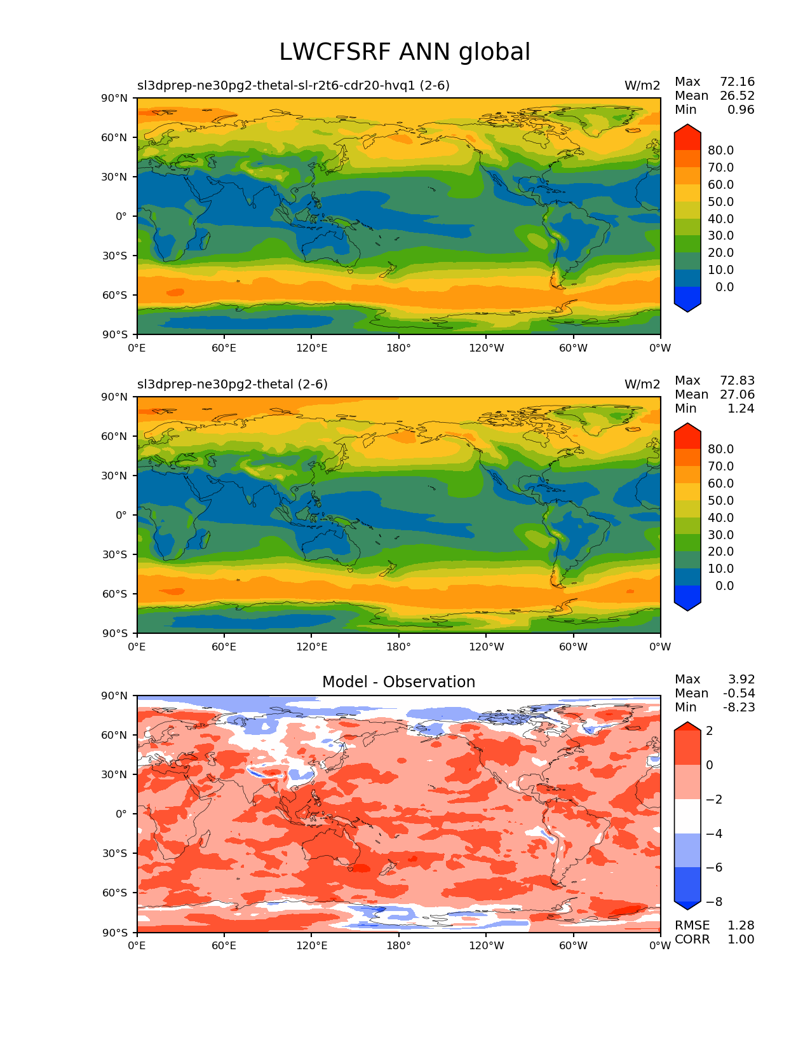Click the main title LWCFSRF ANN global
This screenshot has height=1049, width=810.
tap(405, 52)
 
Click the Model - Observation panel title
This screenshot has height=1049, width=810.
tap(398, 682)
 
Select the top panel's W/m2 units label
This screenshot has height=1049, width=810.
tap(642, 86)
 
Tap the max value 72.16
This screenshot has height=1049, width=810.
tap(737, 82)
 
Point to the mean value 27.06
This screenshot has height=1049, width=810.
tap(737, 395)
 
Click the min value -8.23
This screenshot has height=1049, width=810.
tap(739, 708)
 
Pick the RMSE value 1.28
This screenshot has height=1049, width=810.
tap(741, 926)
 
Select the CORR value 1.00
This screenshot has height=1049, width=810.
tap(741, 940)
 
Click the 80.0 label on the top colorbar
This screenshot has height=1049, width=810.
tap(721, 151)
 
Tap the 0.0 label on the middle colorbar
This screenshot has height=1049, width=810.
tap(724, 586)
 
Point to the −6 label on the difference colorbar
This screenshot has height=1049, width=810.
tap(714, 868)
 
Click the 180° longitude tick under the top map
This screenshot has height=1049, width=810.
tap(398, 348)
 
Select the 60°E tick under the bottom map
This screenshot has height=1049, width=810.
tap(224, 946)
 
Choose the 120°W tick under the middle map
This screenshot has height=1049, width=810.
tap(486, 647)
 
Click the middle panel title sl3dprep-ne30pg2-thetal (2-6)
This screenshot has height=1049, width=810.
tap(233, 385)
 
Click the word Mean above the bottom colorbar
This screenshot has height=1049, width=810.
tap(691, 694)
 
